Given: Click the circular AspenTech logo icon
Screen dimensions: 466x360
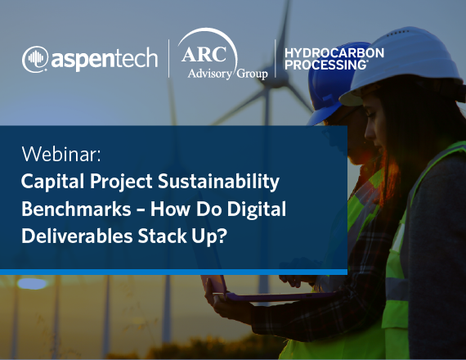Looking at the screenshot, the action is click(35, 59).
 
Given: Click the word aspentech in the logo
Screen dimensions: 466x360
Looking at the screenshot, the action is click(105, 60).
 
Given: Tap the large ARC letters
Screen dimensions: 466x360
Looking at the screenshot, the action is click(204, 54).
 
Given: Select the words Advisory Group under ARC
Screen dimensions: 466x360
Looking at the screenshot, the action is click(227, 74).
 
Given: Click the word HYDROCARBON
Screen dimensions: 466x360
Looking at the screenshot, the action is click(334, 53).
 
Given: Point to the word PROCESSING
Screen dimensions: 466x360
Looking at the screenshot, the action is click(325, 65).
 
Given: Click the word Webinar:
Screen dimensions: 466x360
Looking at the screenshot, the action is click(61, 154).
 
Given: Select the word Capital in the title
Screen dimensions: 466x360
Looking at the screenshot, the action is click(52, 181).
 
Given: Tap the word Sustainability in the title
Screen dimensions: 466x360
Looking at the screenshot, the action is click(218, 181).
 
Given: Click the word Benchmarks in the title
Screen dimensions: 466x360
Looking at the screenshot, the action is click(76, 209).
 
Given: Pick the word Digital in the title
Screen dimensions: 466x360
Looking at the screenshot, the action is click(257, 209).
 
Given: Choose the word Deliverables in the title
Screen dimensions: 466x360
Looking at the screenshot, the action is click(77, 236).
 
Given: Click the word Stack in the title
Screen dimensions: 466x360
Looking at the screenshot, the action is click(162, 236).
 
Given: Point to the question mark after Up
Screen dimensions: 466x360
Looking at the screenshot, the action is click(222, 236).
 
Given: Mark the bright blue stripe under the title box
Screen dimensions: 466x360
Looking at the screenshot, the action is click(173, 272).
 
